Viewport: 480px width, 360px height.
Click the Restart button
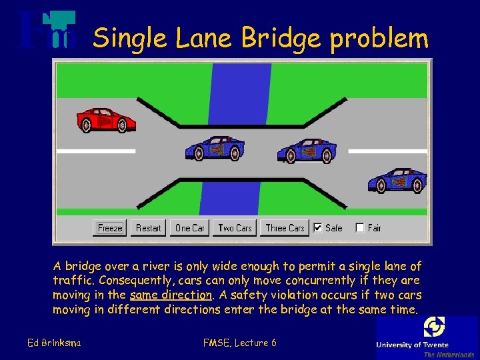[148, 228]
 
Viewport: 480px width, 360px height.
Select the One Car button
[190, 228]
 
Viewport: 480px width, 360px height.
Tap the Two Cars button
[235, 228]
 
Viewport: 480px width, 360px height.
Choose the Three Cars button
[285, 228]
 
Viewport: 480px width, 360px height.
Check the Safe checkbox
[318, 228]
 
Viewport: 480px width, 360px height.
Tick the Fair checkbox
[360, 228]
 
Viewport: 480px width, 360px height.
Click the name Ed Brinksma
[54, 343]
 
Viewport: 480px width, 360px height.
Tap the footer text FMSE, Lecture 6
[239, 343]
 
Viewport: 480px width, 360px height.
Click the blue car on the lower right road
[398, 179]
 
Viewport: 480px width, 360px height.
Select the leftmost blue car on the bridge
[215, 148]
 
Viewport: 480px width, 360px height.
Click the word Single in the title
[131, 39]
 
